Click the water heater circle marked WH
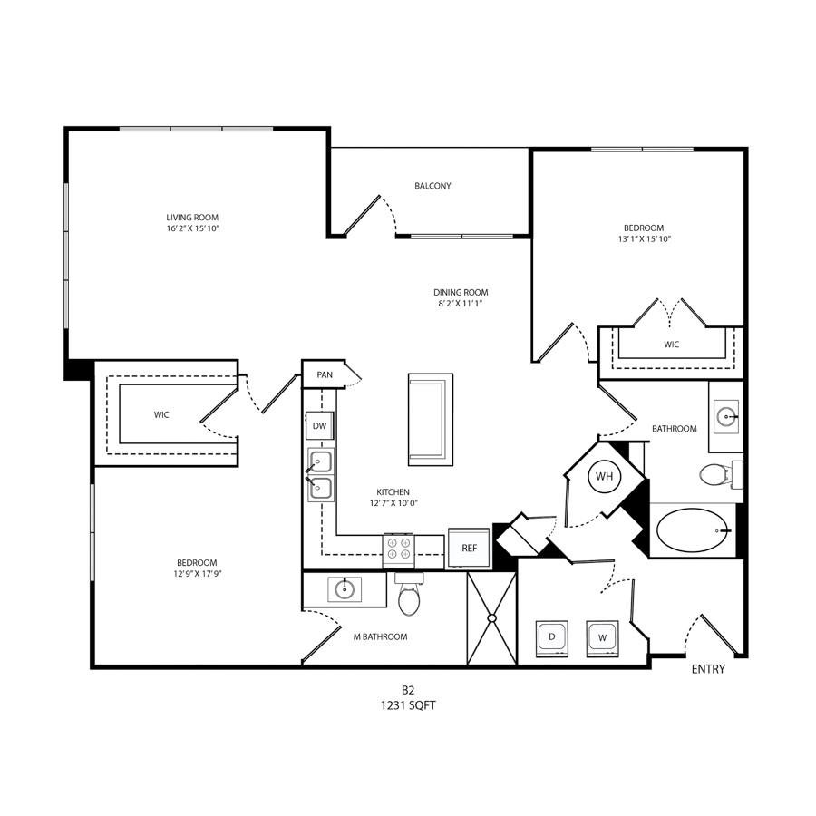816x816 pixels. [604, 476]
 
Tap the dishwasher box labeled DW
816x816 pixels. [319, 426]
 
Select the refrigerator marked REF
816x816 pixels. [469, 548]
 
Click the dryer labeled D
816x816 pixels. [552, 637]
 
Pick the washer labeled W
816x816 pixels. [602, 637]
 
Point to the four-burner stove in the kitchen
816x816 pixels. [399, 550]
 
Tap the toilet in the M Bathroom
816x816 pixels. [409, 594]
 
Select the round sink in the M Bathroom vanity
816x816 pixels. [345, 589]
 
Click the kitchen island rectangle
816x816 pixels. [431, 420]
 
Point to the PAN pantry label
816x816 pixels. [325, 374]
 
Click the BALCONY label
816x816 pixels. [432, 186]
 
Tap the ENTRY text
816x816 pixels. [708, 669]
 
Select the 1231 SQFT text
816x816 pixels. [408, 705]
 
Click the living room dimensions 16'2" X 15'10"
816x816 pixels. [193, 228]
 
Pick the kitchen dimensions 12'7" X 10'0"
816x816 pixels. [394, 503]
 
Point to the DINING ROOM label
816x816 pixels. [461, 293]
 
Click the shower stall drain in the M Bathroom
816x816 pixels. [491, 617]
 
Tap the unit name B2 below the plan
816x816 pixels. [407, 691]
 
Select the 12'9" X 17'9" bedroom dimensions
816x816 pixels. [197, 574]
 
